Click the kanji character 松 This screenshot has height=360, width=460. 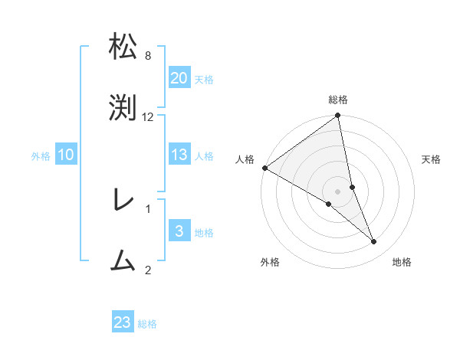click(x=123, y=47)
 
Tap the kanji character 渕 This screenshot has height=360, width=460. click(x=123, y=108)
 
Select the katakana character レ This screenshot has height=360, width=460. click(x=123, y=201)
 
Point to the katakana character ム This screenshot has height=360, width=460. click(x=123, y=261)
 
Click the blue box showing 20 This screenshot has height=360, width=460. click(x=179, y=79)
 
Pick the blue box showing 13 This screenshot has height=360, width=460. click(x=179, y=155)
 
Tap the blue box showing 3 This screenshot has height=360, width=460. click(x=179, y=231)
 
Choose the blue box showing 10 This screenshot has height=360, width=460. click(x=66, y=155)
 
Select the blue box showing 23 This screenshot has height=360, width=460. click(x=123, y=322)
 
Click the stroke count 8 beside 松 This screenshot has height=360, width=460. click(x=148, y=56)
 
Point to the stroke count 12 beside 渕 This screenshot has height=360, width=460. click(x=148, y=117)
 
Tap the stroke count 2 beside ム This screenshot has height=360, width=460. click(x=148, y=270)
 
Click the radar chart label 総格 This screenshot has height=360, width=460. click(x=338, y=100)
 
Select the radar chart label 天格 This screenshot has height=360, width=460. click(x=432, y=159)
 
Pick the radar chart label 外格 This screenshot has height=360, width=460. click(x=270, y=262)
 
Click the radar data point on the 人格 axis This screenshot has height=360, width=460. click(x=264, y=168)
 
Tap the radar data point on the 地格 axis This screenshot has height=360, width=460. click(x=374, y=242)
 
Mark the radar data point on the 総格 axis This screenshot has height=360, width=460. click(x=338, y=116)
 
